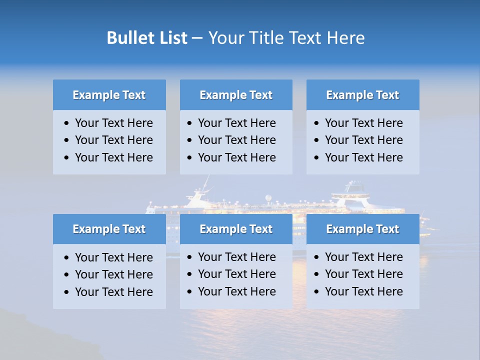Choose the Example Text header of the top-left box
tap(109, 95)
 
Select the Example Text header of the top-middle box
tap(236, 95)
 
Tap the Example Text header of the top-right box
tap(362, 95)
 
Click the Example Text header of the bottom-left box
tap(109, 229)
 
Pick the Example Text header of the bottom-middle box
tap(236, 229)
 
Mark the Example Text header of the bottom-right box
tap(362, 229)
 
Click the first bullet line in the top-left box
tap(113, 123)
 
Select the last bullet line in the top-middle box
tap(236, 157)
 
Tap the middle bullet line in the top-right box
tap(363, 140)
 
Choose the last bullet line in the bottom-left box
tap(113, 292)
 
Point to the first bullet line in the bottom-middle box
tap(236, 257)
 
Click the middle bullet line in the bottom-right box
tap(363, 274)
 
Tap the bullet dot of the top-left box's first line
tap(67, 123)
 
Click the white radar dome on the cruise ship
tap(268, 198)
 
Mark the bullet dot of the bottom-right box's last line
tap(317, 292)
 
